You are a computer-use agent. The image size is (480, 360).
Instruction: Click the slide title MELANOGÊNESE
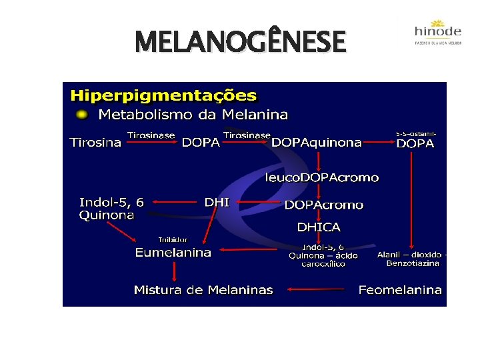[240, 43]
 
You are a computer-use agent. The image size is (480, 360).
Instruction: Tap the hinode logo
[437, 31]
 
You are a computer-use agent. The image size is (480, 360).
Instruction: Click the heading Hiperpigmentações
[163, 95]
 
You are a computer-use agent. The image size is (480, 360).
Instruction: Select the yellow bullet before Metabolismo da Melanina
[81, 115]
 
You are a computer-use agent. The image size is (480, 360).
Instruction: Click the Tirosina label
[96, 143]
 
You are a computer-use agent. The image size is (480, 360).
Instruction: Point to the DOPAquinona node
[317, 143]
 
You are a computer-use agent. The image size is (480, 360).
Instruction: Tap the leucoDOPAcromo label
[322, 178]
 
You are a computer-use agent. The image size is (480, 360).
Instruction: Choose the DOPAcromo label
[324, 205]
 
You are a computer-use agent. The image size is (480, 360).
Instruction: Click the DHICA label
[319, 227]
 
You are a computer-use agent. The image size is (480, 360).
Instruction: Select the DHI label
[216, 202]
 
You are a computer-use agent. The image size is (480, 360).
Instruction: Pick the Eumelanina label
[173, 253]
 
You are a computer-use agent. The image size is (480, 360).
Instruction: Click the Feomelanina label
[400, 290]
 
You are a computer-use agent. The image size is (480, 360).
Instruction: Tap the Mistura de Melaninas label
[203, 290]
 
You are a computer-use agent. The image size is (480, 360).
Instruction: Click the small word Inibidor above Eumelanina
[173, 239]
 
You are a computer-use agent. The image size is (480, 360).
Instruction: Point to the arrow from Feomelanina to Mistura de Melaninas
[317, 290]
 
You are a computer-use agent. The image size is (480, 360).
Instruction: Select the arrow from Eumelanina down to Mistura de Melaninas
[174, 270]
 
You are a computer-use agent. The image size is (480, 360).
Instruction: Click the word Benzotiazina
[413, 263]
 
